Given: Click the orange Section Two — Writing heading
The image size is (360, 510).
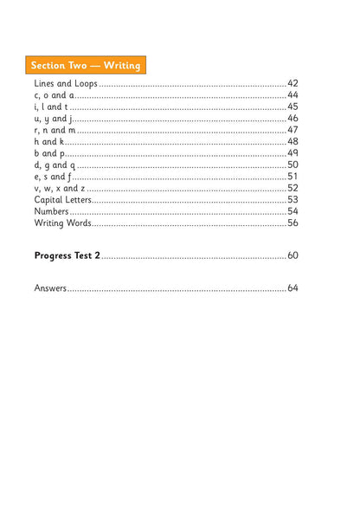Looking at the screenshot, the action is tap(86, 65).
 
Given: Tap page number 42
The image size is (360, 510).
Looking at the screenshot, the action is tap(292, 83).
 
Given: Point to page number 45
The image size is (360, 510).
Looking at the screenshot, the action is tap(292, 107).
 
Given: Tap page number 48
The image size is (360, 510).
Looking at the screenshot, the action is tap(292, 141).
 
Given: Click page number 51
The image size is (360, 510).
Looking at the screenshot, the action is tap(292, 177).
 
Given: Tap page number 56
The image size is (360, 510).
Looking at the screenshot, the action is tap(292, 223).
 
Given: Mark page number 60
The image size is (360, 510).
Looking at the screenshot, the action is tap(292, 255).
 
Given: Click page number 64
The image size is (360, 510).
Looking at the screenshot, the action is tap(292, 287).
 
